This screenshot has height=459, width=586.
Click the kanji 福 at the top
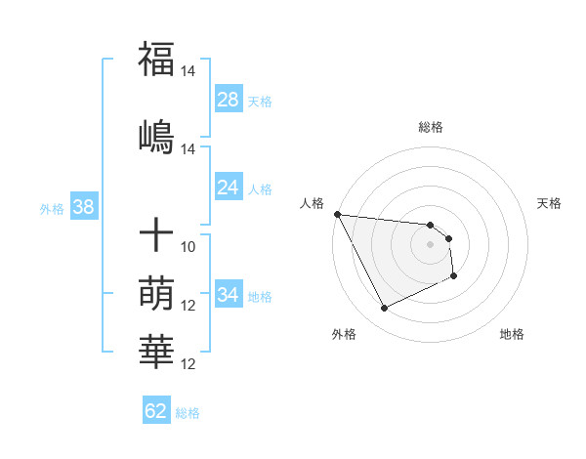coord(156,59)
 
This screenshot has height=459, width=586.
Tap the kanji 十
coord(156,235)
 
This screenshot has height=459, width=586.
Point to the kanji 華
coord(156,350)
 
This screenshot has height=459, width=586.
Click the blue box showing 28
coord(229,100)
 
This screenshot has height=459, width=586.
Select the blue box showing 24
coord(229,188)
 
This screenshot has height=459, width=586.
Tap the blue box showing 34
coord(229,295)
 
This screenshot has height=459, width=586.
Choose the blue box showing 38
coord(83,207)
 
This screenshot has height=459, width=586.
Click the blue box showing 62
coord(156,411)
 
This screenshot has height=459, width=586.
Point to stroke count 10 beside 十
coord(188,247)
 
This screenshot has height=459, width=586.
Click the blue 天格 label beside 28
coord(260,101)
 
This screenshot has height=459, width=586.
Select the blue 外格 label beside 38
coord(52,208)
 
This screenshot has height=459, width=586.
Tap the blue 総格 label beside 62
coord(188,412)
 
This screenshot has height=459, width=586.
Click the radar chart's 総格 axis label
coord(430,127)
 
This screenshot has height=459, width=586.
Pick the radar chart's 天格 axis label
coord(550,203)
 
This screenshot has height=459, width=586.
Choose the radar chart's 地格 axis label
coord(512,334)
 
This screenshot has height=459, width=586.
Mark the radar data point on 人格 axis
coord(337,214)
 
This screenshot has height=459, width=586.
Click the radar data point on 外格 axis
coord(384,309)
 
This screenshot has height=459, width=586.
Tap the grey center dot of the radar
coord(430,244)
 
